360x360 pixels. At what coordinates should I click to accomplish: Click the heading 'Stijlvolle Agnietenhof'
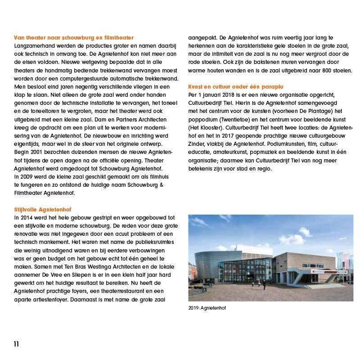40,210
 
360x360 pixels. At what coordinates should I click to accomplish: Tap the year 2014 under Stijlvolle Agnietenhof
27,217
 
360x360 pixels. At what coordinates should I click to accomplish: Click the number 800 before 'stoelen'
316,70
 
